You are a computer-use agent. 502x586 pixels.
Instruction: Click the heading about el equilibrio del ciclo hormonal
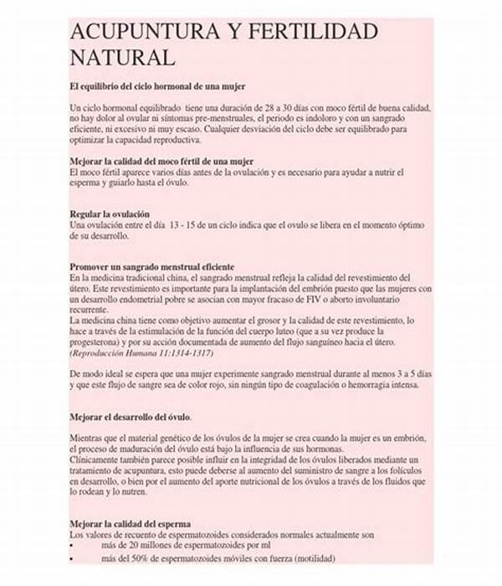pyautogui.click(x=156, y=86)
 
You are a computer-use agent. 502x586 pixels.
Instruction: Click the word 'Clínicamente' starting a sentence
pyautogui.click(x=98, y=461)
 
